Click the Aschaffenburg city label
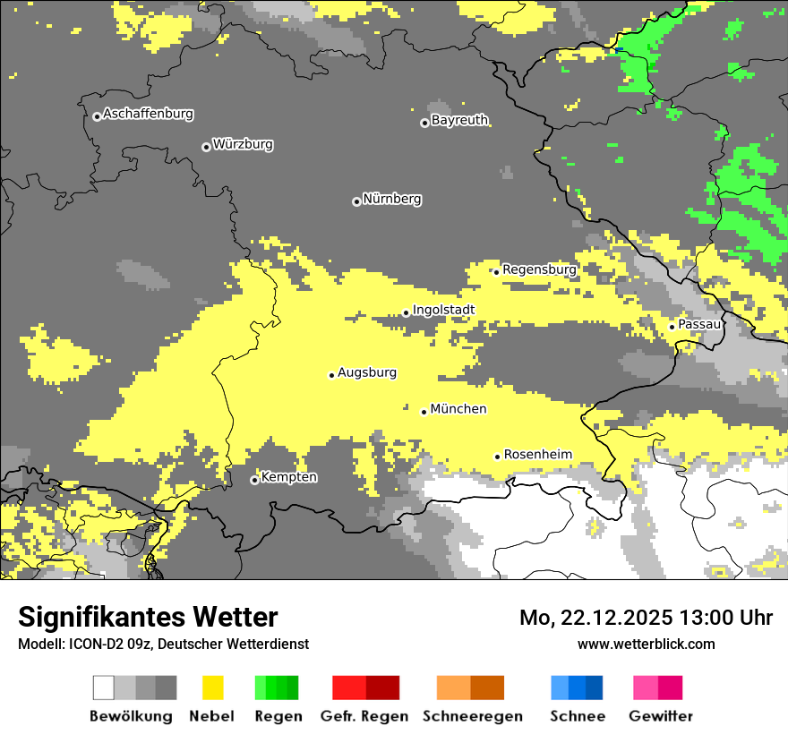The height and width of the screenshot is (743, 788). click(148, 115)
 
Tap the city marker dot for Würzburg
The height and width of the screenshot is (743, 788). click(206, 147)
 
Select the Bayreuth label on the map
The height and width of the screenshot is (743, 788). click(459, 120)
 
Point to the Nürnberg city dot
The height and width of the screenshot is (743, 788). click(356, 201)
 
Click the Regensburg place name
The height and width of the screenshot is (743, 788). click(539, 269)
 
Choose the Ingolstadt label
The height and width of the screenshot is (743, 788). click(443, 311)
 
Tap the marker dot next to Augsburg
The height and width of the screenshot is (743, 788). click(331, 375)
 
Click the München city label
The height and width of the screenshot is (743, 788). click(458, 409)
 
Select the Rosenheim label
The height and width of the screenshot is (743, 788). click(537, 455)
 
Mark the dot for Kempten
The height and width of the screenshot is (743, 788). click(254, 481)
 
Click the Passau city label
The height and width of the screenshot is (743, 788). click(699, 324)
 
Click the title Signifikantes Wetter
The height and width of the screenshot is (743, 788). click(148, 618)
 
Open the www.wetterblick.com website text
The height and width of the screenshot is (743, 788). click(646, 644)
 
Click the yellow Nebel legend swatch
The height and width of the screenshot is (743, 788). click(212, 687)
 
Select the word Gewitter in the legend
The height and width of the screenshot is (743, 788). click(661, 716)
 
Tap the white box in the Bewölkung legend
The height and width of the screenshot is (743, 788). click(104, 687)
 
